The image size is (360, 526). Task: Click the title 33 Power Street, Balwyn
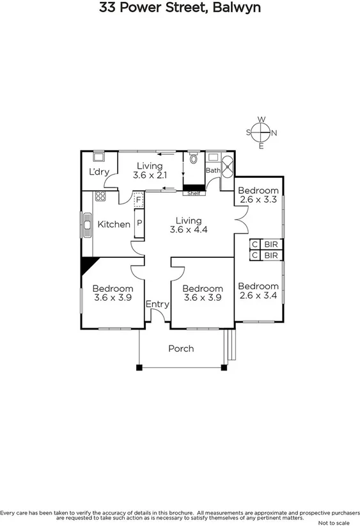pos(180,8)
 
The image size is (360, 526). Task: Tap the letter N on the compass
pos(274,133)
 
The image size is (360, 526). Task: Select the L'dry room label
pos(98,172)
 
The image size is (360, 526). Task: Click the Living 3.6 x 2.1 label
pos(149,170)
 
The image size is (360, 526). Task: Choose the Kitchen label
pos(114,225)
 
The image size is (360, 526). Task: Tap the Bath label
pos(212,171)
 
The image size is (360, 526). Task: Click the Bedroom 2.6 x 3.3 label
pos(258,195)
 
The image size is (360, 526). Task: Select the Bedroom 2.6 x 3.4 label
pos(258,291)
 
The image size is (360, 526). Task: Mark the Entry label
pos(157,305)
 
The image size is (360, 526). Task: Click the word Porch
pos(181,349)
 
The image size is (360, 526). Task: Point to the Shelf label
pos(194,193)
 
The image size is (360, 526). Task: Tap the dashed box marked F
pos(139,200)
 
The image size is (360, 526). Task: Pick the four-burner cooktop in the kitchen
pos(100,196)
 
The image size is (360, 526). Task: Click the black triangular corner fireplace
pos(88,264)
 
